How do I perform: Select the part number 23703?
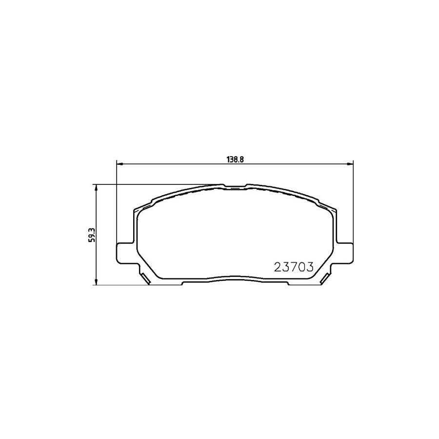[x=293, y=267]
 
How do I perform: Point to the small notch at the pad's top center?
[x=235, y=186]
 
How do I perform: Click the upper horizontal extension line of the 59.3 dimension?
[x=156, y=184]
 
